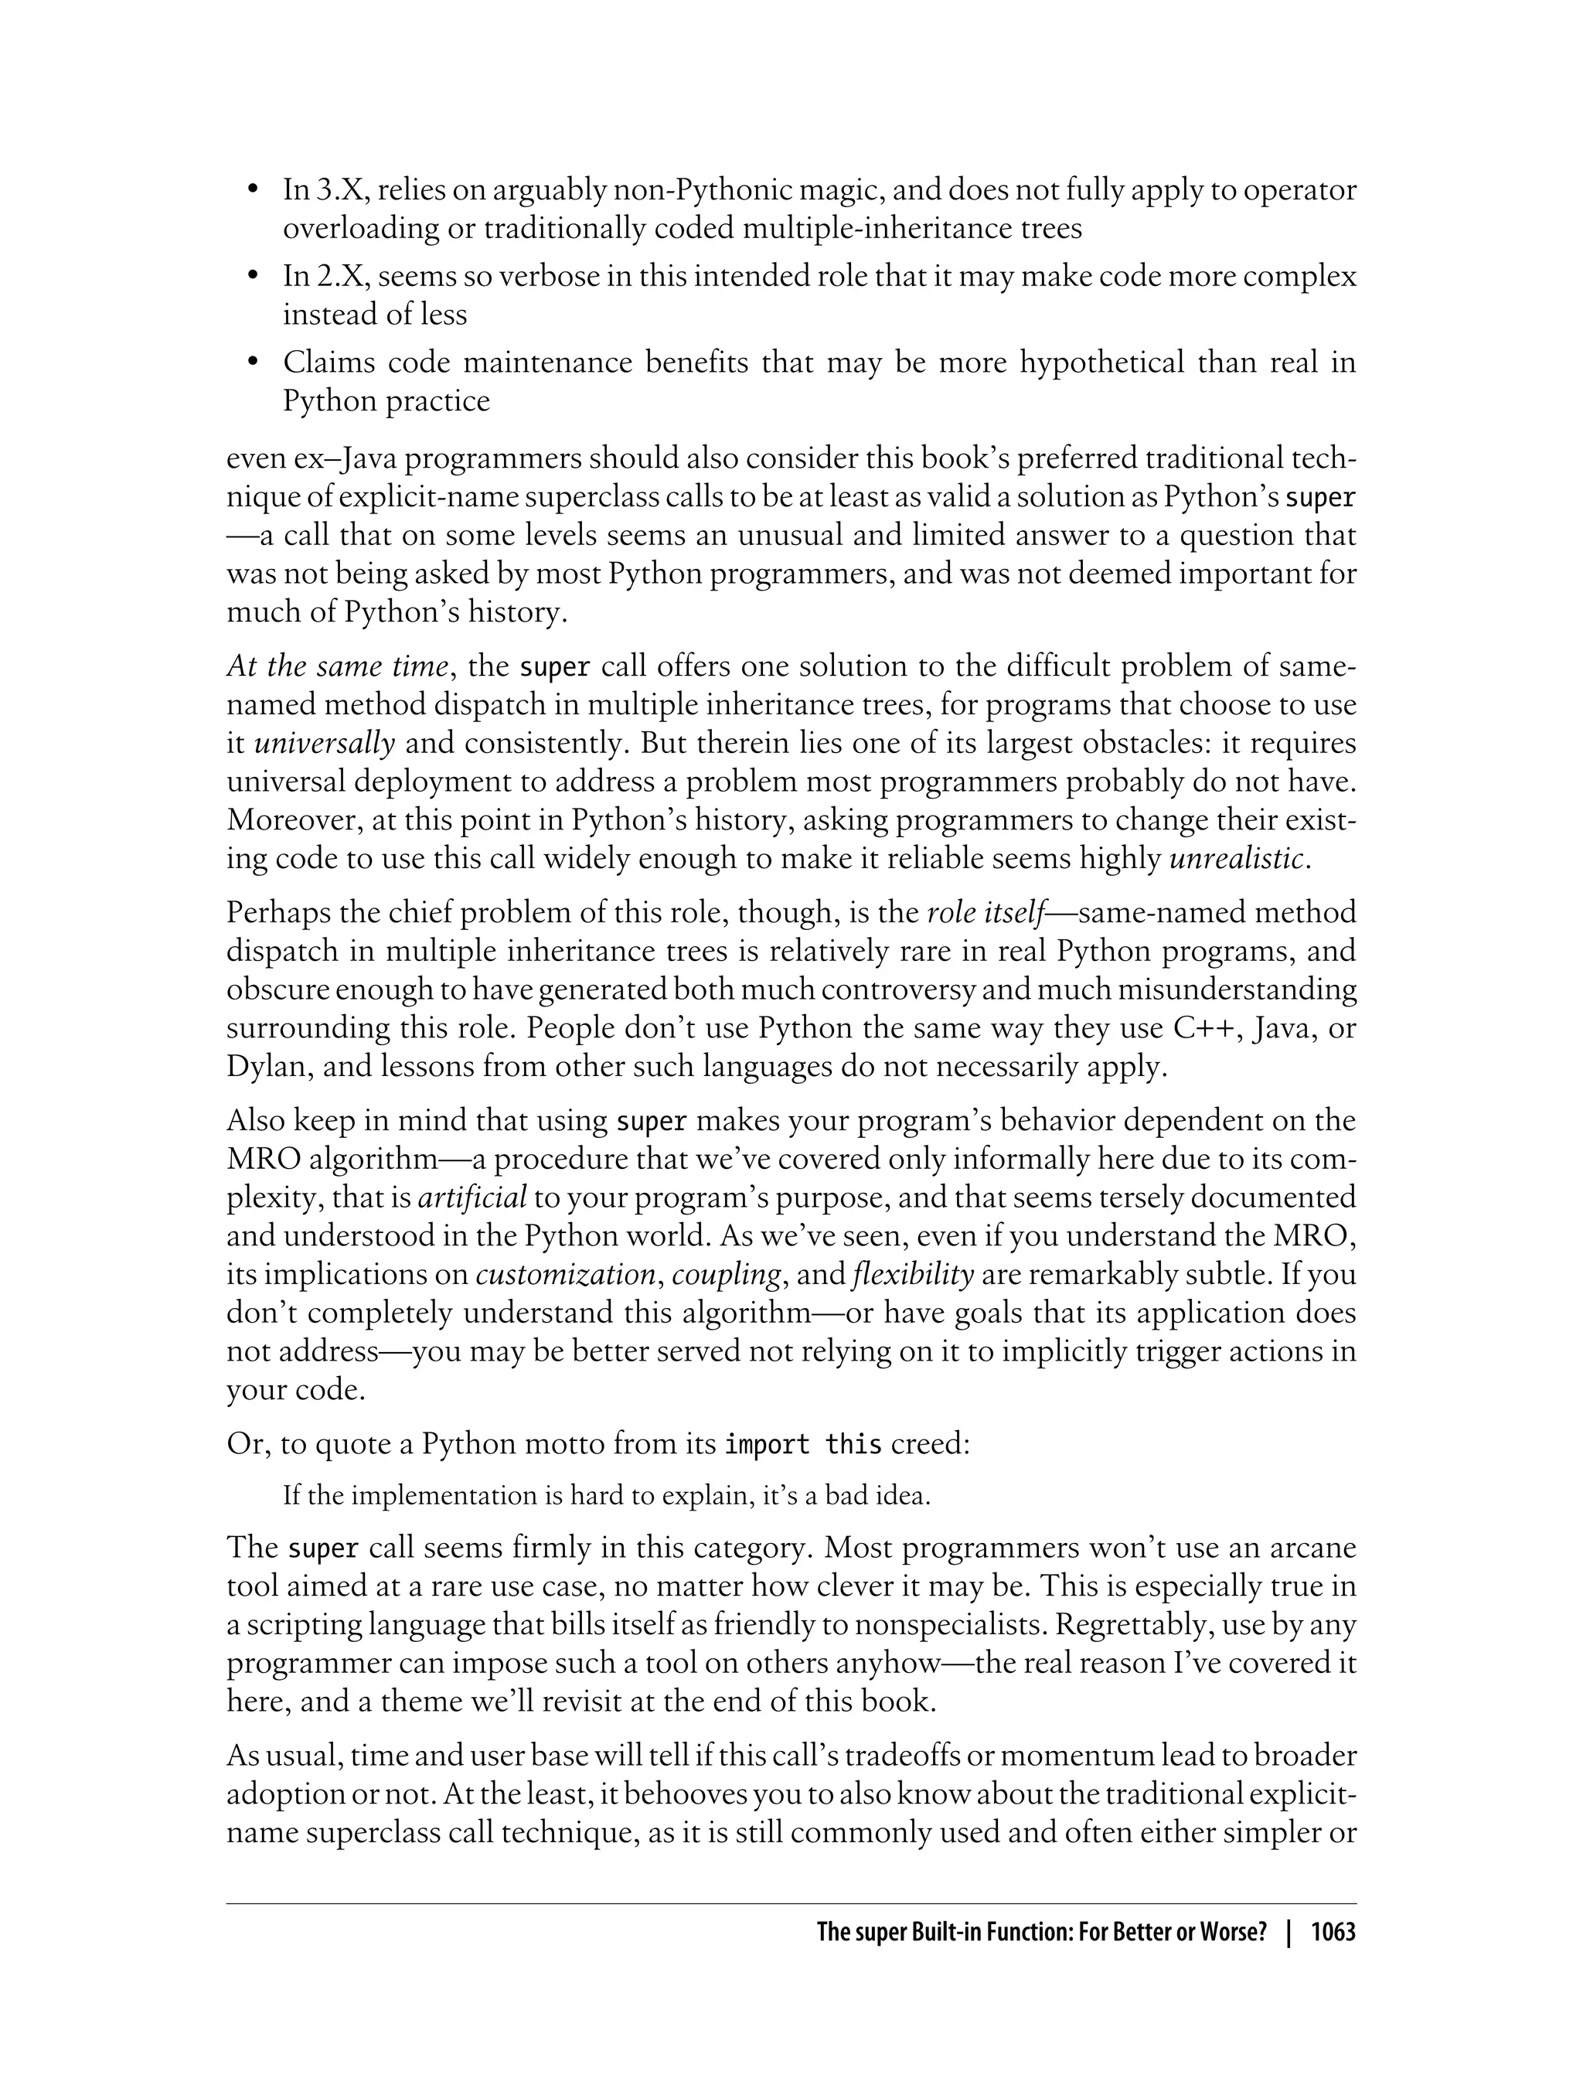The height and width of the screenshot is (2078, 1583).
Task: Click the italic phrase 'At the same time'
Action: (336, 666)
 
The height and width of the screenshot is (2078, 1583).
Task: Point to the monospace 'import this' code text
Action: (803, 1444)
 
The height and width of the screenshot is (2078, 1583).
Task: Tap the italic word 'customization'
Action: (565, 1274)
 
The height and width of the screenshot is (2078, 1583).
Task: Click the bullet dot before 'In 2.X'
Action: (251, 277)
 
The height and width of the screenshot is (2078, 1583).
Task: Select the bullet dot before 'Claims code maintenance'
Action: (251, 363)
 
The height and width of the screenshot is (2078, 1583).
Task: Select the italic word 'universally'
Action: (325, 744)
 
